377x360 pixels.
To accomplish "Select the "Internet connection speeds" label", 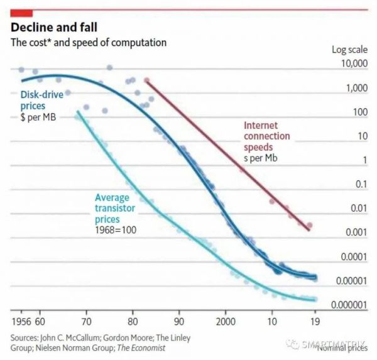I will click(x=266, y=136).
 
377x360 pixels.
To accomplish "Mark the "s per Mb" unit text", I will click(x=260, y=157).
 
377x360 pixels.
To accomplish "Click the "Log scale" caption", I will click(x=349, y=50).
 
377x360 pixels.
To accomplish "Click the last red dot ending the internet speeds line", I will click(x=309, y=226).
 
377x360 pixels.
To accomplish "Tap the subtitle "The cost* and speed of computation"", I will click(x=88, y=43).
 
